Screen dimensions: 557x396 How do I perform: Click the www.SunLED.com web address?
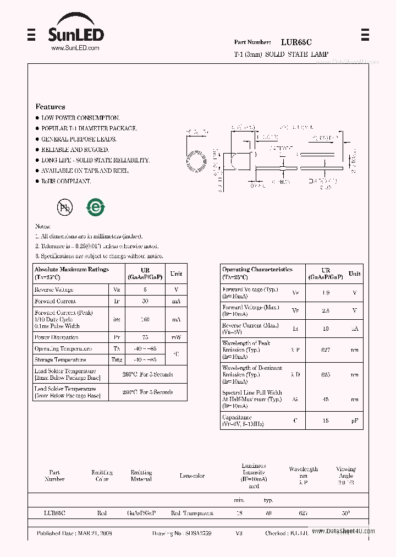click(x=75, y=48)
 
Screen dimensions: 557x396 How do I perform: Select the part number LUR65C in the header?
click(x=296, y=42)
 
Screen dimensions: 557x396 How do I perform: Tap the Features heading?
click(x=50, y=107)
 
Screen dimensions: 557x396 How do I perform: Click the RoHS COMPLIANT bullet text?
click(x=66, y=181)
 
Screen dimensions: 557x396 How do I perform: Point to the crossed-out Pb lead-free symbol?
click(x=65, y=207)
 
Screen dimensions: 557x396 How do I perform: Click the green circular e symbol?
click(x=96, y=207)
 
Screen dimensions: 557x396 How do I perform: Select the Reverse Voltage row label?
click(x=54, y=290)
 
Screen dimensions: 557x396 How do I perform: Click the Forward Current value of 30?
click(x=145, y=301)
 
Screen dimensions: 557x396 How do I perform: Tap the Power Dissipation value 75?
click(x=145, y=337)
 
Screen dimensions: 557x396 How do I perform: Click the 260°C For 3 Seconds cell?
click(x=148, y=374)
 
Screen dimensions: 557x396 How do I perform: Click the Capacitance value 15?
click(x=326, y=421)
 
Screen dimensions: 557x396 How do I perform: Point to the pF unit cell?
click(x=355, y=421)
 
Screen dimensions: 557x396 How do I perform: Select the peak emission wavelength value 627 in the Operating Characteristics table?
click(x=326, y=350)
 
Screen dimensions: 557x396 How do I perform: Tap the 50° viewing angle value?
click(x=345, y=513)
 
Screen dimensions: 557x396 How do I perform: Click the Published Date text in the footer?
click(x=74, y=533)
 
